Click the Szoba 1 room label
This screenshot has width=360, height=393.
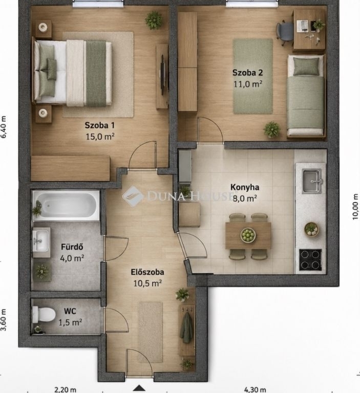[x=99, y=125]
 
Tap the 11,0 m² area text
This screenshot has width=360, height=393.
[x=248, y=84]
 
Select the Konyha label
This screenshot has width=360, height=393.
[x=245, y=187]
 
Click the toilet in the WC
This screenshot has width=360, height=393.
[x=44, y=314]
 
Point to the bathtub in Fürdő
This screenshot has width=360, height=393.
[x=66, y=206]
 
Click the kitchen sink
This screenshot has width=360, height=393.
[x=312, y=181]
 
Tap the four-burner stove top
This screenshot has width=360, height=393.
[x=310, y=260]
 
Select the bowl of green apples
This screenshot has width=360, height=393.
[x=248, y=235]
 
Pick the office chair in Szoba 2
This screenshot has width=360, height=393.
[x=285, y=33]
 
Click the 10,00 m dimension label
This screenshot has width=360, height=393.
[x=355, y=207]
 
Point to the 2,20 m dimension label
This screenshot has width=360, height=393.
[x=65, y=389]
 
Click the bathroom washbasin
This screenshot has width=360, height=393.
[x=40, y=241]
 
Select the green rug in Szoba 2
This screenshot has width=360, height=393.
[x=252, y=76]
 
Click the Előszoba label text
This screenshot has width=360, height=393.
[x=147, y=272]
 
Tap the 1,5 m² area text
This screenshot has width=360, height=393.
[x=70, y=322]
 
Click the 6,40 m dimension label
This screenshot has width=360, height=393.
[x=4, y=127]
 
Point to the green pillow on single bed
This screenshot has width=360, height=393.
[x=306, y=67]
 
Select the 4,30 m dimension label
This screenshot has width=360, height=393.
[x=255, y=389]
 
